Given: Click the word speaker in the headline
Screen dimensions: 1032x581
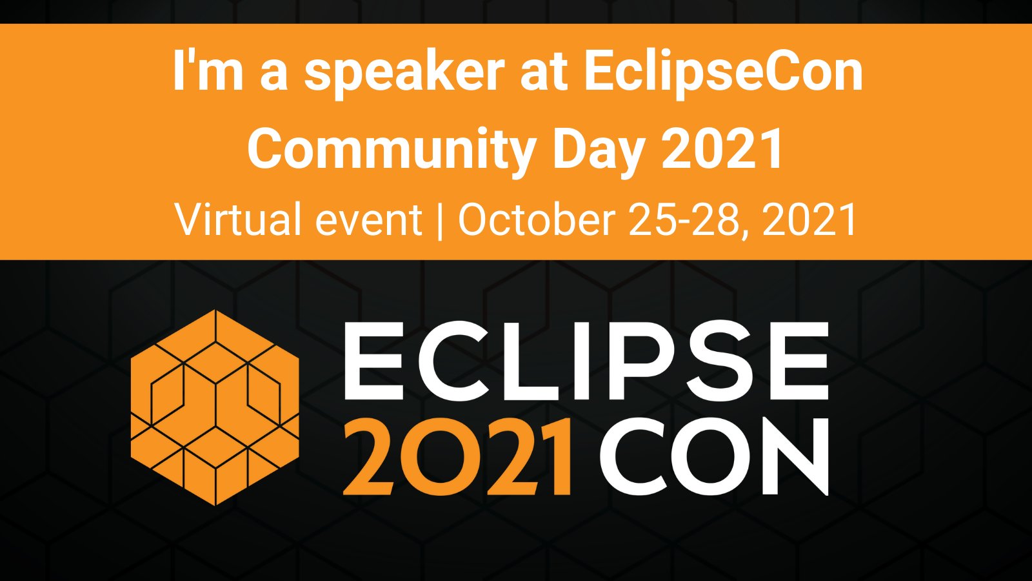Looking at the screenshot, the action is pos(404,74).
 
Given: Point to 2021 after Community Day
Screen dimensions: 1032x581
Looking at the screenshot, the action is pos(722,148).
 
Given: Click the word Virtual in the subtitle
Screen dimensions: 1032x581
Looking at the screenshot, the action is pos(238,219).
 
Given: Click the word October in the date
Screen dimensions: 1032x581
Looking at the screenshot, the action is pos(537,219).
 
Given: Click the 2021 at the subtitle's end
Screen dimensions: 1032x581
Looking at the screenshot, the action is pos(809,220).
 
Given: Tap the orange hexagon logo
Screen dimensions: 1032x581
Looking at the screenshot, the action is pos(215,407).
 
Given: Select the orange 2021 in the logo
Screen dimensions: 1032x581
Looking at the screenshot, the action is pos(458,456).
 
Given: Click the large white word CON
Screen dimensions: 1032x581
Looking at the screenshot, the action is pos(713,456).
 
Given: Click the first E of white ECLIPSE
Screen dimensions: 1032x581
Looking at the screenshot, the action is pos(373,361).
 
